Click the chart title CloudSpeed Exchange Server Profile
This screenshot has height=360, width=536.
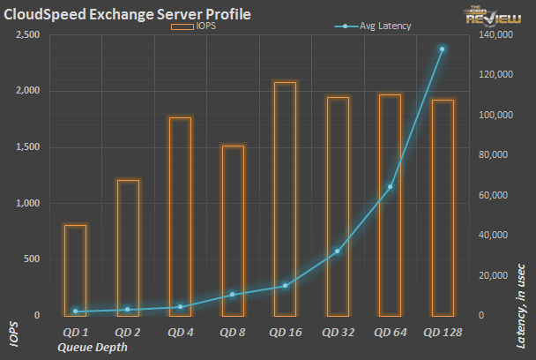pyautogui.click(x=128, y=14)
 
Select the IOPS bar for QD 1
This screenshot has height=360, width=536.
pyautogui.click(x=75, y=270)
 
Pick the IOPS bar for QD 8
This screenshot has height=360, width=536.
pyautogui.click(x=233, y=230)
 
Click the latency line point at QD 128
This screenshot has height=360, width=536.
pyautogui.click(x=442, y=49)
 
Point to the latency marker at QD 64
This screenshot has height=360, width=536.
pyautogui.click(x=390, y=186)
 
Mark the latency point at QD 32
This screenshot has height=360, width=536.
pyautogui.click(x=337, y=251)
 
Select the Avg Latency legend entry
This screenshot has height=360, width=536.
pyautogui.click(x=376, y=27)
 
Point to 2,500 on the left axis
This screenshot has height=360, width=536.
pyautogui.click(x=26, y=34)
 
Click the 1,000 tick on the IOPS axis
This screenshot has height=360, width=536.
pyautogui.click(x=26, y=203)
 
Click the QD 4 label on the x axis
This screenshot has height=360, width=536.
pyautogui.click(x=180, y=332)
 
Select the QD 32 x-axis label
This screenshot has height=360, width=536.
pyautogui.click(x=337, y=332)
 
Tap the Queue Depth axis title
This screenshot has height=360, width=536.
pyautogui.click(x=92, y=348)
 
